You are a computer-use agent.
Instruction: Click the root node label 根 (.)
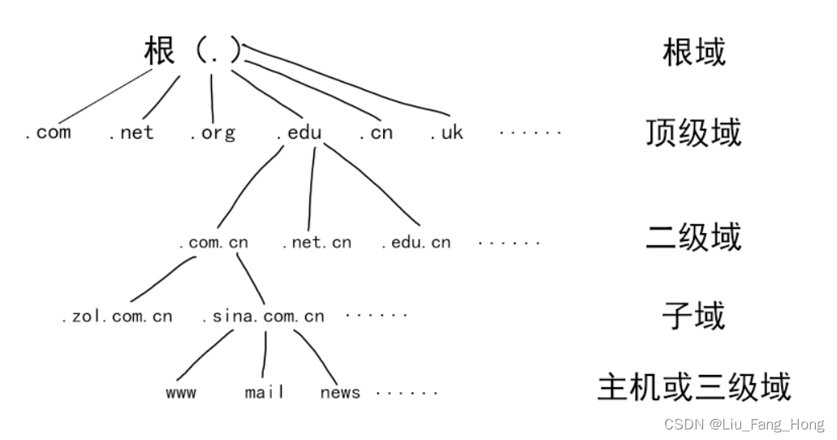(193, 51)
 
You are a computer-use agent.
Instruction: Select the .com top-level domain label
(48, 132)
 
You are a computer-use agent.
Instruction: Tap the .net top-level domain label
(131, 132)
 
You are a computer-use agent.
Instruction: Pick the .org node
(213, 133)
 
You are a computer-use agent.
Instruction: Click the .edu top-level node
(299, 132)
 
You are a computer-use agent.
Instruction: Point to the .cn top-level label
(376, 132)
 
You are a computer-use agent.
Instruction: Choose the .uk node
(447, 132)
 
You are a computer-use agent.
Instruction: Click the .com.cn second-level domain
(214, 242)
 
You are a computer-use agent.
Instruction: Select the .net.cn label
(317, 242)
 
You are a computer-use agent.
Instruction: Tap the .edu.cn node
(416, 242)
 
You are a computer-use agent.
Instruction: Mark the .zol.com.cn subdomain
(117, 316)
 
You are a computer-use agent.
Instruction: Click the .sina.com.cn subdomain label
(262, 316)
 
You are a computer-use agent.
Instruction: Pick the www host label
(180, 393)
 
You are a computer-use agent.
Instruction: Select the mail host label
(265, 393)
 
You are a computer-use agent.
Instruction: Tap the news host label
(340, 393)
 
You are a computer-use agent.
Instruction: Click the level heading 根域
(693, 53)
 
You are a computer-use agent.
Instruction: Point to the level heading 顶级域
(693, 132)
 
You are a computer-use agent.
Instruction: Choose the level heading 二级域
(693, 237)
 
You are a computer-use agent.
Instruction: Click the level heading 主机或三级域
(693, 387)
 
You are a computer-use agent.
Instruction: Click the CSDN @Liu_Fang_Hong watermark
(744, 425)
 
